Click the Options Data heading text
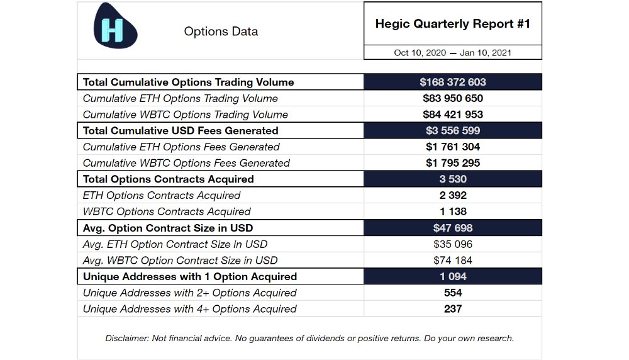(221, 31)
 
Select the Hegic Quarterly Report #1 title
(453, 24)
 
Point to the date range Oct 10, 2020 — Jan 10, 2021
(453, 53)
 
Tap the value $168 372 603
(453, 82)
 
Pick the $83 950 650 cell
(453, 99)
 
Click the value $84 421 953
(453, 115)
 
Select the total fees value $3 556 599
(453, 131)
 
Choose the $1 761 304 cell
(453, 147)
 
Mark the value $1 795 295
(453, 163)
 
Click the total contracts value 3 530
(453, 179)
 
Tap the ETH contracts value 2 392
(453, 196)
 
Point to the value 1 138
(453, 211)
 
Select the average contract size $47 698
(453, 228)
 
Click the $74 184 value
(453, 261)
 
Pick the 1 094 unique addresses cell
(453, 276)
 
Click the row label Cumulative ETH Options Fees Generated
(181, 147)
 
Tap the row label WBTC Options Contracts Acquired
(167, 212)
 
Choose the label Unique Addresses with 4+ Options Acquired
(189, 309)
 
